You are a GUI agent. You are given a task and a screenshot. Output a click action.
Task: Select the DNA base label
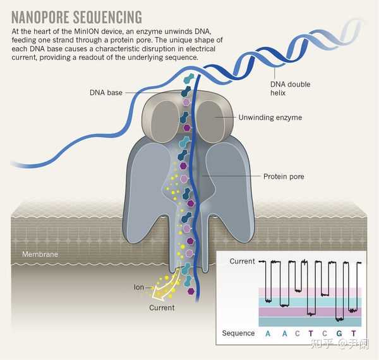coord(105,93)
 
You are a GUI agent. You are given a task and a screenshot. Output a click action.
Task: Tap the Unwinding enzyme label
coord(270,117)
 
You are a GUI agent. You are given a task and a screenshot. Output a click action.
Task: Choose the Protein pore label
coord(284,176)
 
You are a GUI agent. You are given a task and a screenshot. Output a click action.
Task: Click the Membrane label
coord(40,255)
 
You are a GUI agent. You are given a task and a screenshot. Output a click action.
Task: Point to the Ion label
coord(139,287)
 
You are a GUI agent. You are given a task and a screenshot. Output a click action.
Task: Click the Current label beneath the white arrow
coord(162,308)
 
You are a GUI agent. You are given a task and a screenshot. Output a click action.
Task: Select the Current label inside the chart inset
coord(242,261)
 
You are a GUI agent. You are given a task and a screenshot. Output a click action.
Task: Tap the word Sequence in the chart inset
coord(238,333)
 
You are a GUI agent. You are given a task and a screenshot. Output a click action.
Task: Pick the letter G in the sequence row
coord(339,333)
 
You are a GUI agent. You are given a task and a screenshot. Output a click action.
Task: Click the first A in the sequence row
coord(267,333)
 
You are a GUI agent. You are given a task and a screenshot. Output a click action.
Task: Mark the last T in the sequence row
coord(354,333)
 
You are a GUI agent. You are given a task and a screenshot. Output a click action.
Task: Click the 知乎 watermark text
coord(320,344)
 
